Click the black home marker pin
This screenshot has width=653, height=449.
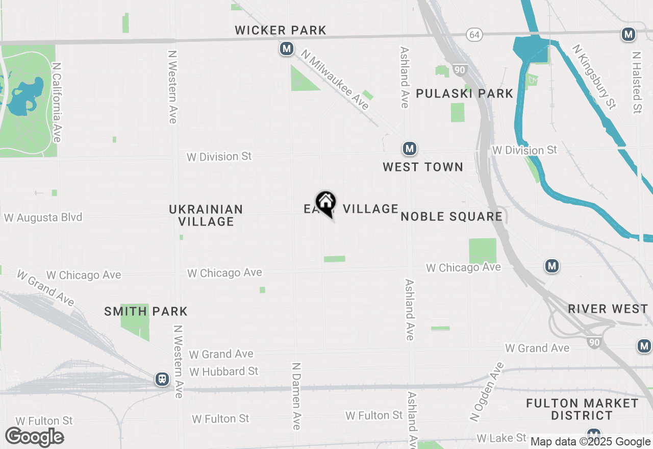coord(325,203)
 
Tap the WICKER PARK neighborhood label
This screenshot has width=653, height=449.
coord(281,31)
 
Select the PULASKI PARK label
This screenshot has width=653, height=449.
coord(464,93)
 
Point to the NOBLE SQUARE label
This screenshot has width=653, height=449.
coord(451,216)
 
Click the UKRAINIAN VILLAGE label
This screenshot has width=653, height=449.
coord(206,215)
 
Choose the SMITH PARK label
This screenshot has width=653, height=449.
coord(146,311)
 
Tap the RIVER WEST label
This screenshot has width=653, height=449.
coord(608,309)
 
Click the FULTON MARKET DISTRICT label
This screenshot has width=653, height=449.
coord(582,409)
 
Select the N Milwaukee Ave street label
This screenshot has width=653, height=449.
coord(335,80)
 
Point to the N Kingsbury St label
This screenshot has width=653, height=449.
coord(594,77)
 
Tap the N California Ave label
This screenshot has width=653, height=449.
coord(57,103)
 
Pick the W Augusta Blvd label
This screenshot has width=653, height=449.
coord(43,218)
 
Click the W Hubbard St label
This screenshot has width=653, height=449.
coord(224,371)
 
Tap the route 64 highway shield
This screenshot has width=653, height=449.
coord(474,34)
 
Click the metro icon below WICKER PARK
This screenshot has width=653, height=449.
coord(286,49)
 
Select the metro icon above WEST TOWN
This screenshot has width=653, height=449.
coord(409,149)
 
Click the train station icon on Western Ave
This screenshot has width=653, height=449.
coord(162,379)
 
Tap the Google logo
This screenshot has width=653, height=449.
coord(35,437)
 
